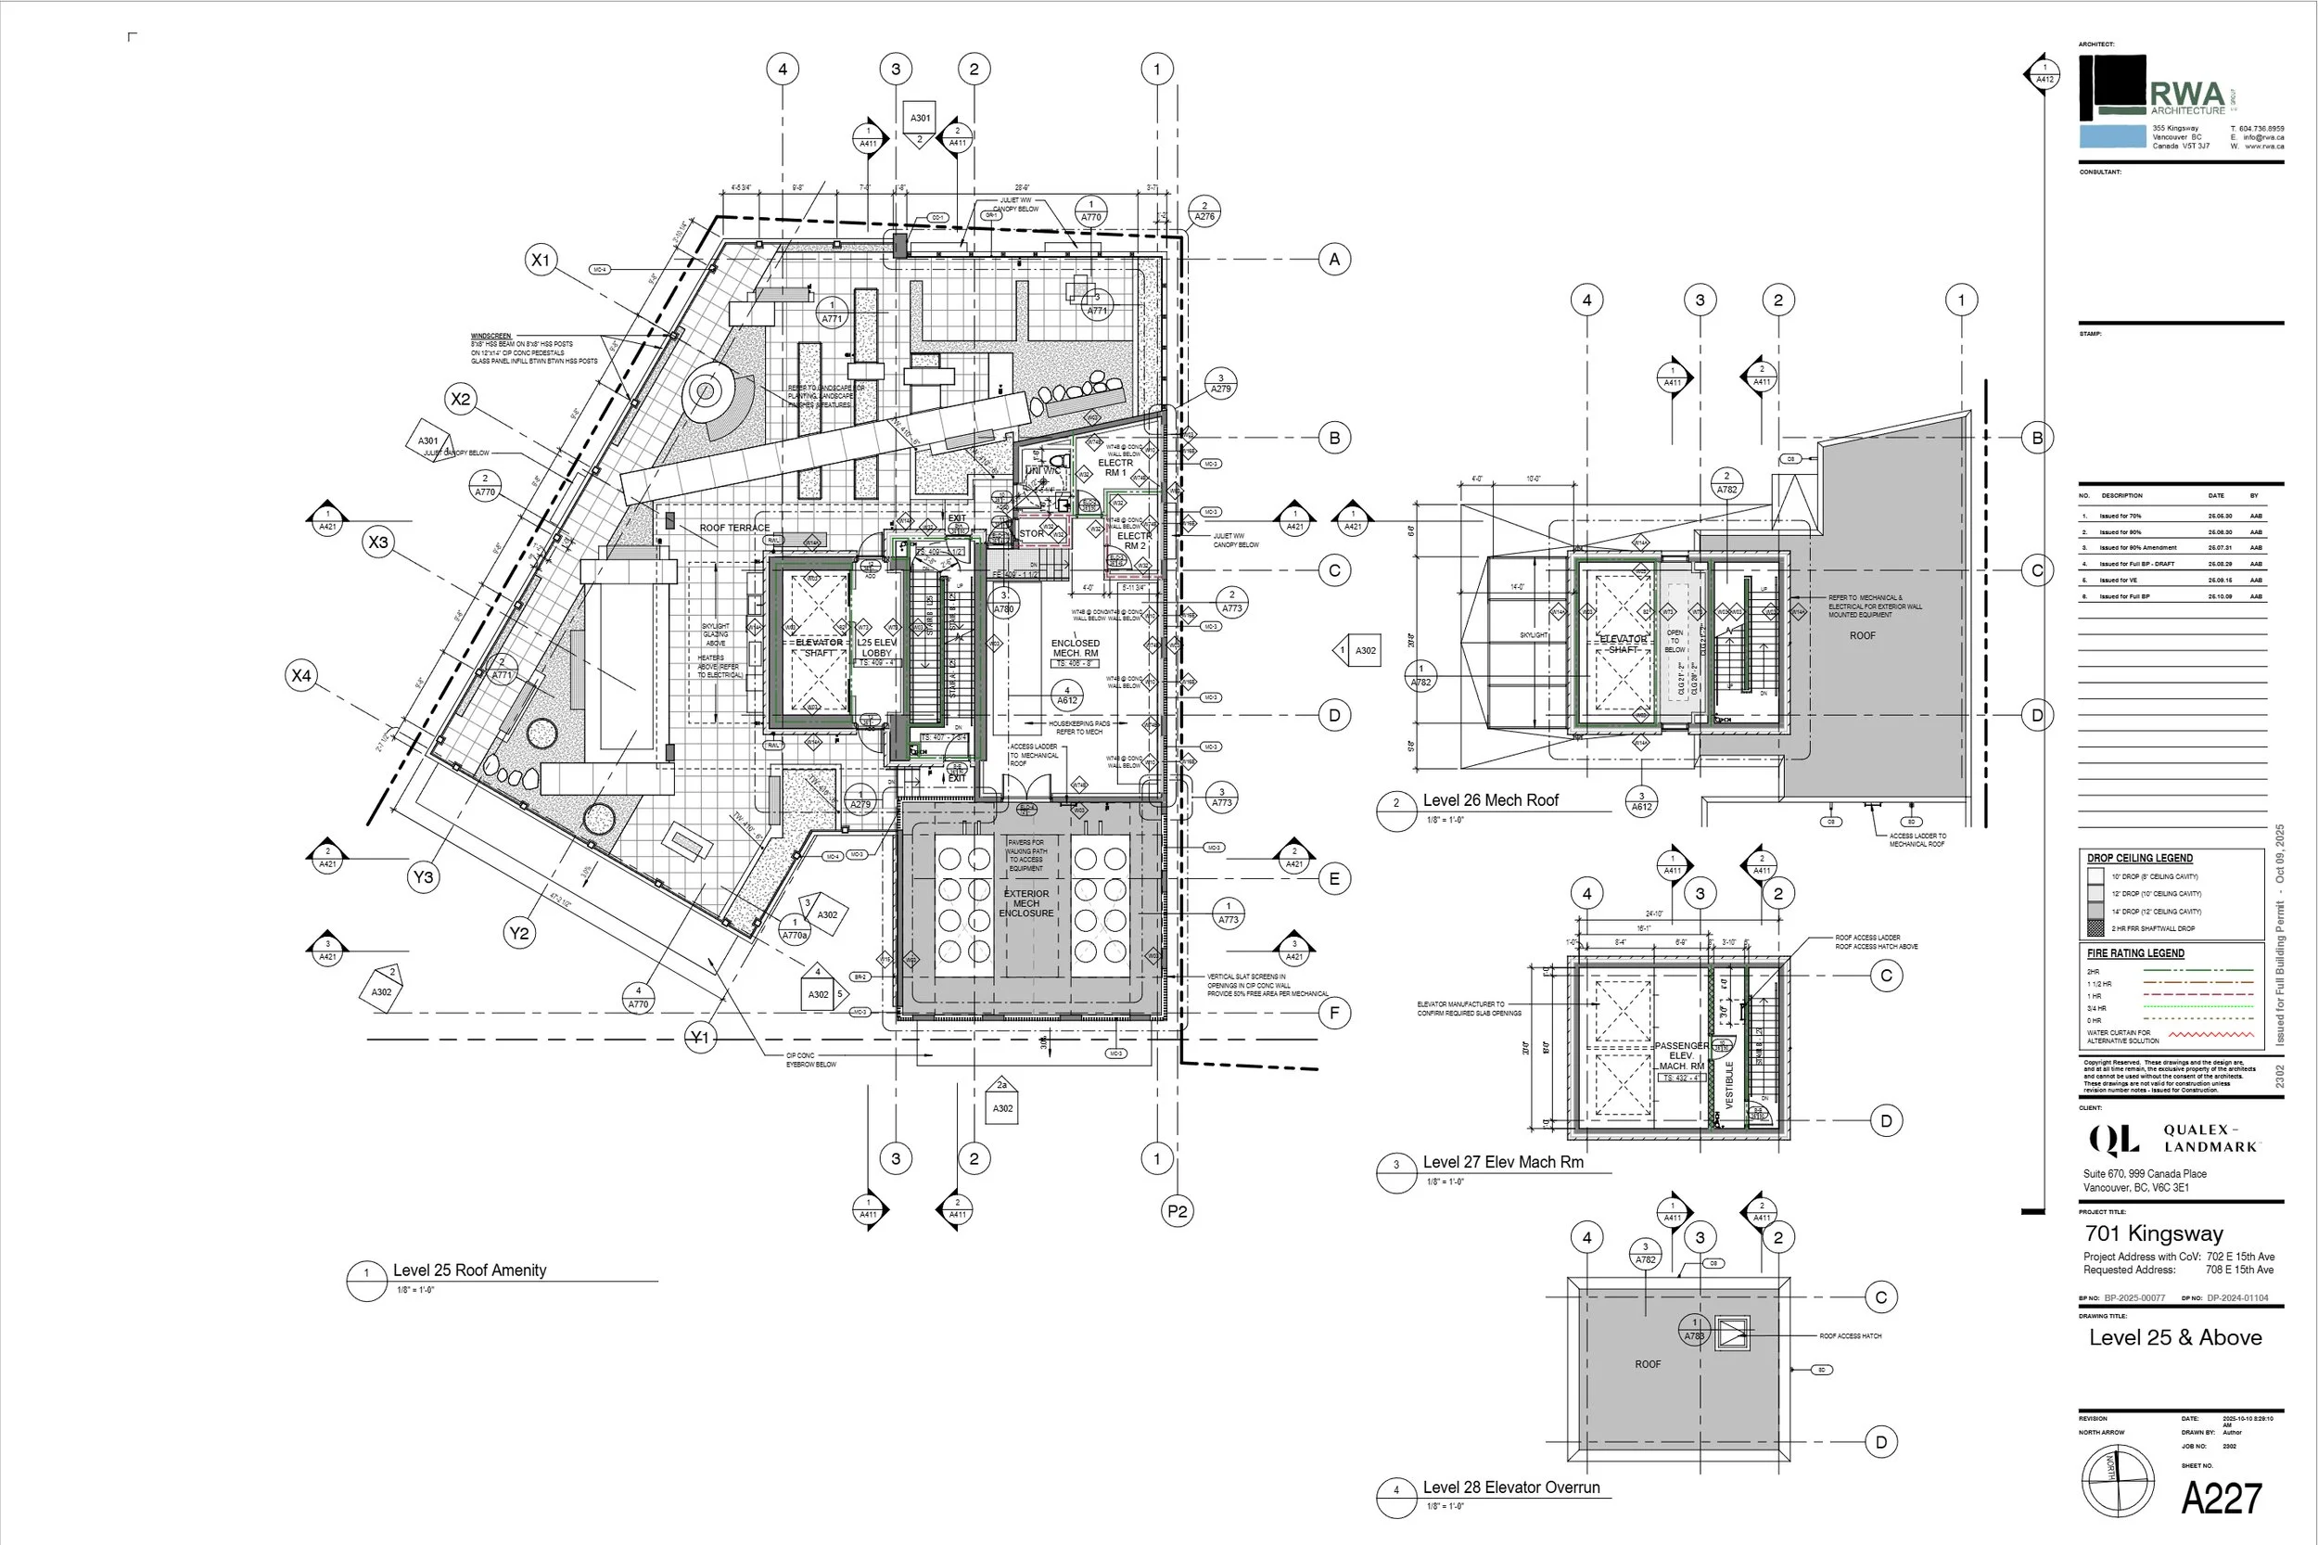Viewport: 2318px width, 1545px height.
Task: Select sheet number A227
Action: pos(2221,1499)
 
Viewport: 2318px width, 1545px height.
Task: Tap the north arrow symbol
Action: pos(2117,1481)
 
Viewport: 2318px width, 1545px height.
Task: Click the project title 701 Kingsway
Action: pos(2154,1233)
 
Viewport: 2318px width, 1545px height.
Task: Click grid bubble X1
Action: pos(541,260)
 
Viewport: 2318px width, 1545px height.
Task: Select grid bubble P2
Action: pos(1178,1211)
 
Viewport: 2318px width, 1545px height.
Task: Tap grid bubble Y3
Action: pos(423,877)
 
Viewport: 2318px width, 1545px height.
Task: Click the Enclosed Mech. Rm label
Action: pos(1075,648)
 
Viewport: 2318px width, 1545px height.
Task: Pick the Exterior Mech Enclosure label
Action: pos(1025,903)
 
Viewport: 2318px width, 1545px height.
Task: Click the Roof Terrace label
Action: pos(734,529)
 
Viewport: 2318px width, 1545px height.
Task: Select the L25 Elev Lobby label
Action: pos(876,647)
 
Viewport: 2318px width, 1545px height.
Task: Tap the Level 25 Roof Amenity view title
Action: pos(469,1270)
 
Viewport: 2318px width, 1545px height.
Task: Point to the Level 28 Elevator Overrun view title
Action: pos(1510,1488)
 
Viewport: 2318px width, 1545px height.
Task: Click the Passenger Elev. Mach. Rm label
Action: pos(1681,1055)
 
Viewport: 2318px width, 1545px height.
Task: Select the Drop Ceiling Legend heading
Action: pos(2139,858)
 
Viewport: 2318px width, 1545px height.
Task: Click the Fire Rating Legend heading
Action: pos(2134,952)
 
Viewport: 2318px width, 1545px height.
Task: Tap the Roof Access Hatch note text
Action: pos(1849,1336)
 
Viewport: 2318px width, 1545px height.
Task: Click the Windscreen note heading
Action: pos(490,336)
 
